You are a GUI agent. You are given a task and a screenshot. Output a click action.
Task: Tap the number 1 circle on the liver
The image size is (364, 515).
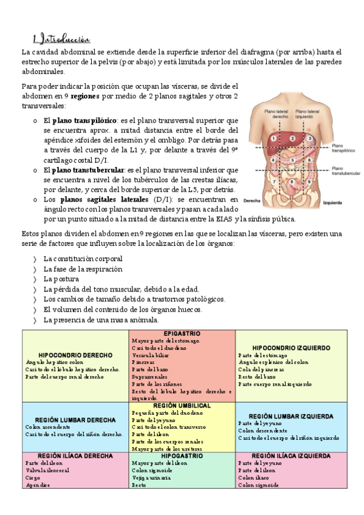click(x=275, y=138)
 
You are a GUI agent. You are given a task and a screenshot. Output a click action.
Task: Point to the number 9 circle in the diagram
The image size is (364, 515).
click(x=311, y=181)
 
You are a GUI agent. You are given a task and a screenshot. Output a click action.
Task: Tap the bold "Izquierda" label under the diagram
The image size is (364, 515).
click(x=334, y=202)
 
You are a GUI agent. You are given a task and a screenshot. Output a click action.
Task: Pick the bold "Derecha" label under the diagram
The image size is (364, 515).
click(x=252, y=200)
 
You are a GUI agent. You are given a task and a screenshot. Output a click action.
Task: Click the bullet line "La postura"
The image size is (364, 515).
click(x=61, y=279)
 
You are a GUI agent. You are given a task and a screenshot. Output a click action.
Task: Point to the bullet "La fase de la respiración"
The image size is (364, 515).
click(x=83, y=268)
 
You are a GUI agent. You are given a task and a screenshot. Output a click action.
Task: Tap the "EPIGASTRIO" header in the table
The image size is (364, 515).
click(x=182, y=334)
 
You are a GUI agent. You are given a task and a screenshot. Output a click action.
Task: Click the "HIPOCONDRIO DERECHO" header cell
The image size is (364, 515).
click(x=75, y=355)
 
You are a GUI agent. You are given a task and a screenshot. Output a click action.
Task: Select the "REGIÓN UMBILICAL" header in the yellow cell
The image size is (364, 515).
click(x=182, y=405)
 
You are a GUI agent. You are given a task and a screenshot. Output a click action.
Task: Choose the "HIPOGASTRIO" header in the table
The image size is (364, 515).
click(x=182, y=455)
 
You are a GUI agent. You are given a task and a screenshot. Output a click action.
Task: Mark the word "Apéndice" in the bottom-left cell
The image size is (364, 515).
click(x=38, y=485)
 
